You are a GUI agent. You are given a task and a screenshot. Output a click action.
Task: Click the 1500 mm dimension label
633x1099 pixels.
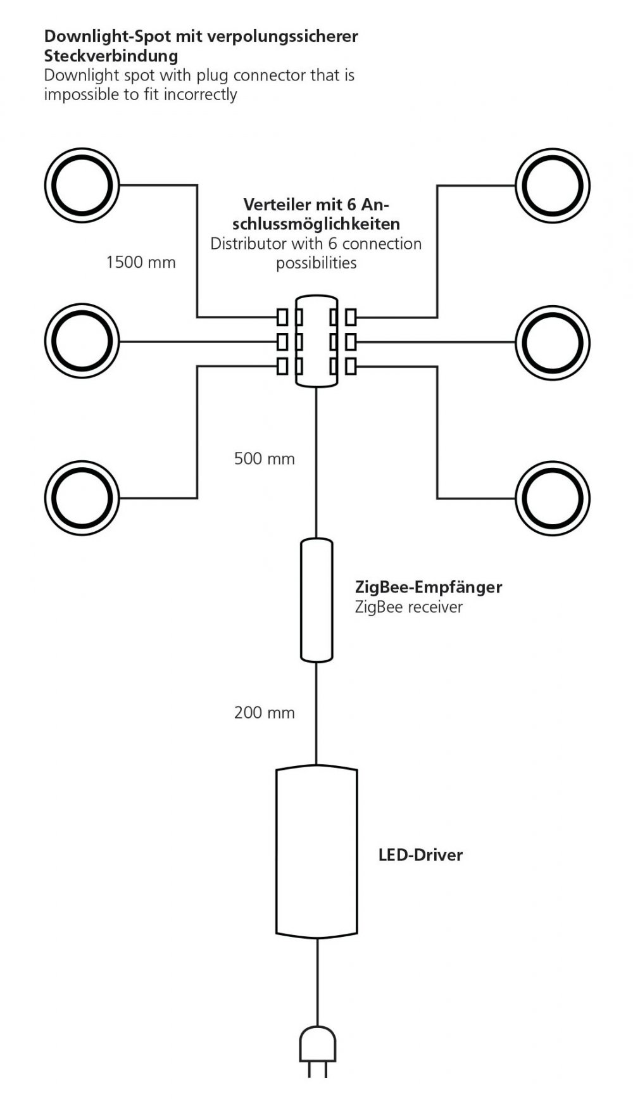[x=141, y=262]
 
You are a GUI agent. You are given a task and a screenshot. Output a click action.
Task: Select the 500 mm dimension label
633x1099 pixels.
[x=265, y=458]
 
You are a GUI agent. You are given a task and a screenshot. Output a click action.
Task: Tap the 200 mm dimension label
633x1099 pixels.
[x=265, y=713]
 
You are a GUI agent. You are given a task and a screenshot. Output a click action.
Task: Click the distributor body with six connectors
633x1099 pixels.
[x=316, y=341]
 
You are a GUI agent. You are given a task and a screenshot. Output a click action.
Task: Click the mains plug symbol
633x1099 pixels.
[x=316, y=1057]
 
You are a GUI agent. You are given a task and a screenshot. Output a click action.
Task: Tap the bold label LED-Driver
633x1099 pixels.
[x=420, y=855]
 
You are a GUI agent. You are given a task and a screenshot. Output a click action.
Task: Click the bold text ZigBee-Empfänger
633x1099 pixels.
[x=429, y=587]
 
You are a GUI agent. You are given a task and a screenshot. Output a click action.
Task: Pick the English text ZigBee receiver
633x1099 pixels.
[x=409, y=607]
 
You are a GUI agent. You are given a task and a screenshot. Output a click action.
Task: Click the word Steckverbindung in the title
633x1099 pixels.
[x=111, y=56]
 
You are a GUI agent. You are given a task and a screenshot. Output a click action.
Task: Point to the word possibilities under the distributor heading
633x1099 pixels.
[x=316, y=263]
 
